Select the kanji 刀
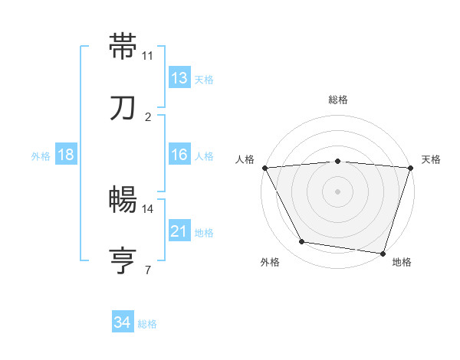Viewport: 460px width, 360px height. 123,109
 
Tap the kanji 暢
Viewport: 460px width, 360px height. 123,201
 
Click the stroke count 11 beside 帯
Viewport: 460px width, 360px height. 148,56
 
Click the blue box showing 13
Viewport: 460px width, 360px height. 179,78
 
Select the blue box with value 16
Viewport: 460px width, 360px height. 179,155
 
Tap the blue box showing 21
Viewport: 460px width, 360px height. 179,231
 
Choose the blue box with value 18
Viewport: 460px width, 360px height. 65,155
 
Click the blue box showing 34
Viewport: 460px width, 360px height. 122,323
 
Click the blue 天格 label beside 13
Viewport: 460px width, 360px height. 204,80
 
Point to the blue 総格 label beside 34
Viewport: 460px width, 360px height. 147,324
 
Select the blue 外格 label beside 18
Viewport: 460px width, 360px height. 41,156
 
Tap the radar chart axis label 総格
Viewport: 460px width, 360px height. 338,100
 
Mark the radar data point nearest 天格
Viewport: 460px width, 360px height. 410,168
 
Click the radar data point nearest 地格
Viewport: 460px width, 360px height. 383,254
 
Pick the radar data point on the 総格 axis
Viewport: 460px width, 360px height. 338,161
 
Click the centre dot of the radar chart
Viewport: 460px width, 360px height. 338,191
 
